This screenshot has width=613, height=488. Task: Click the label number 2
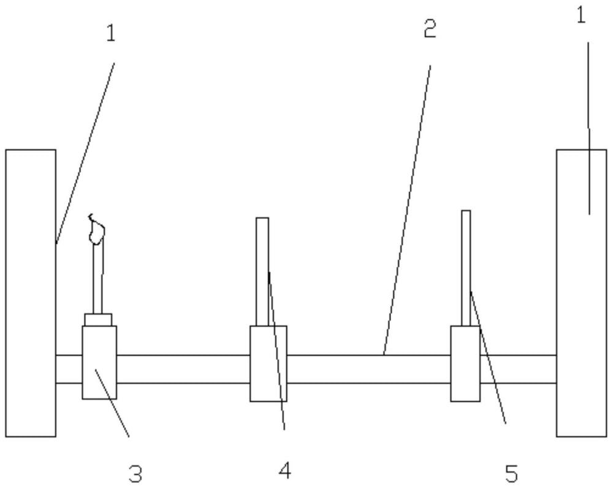(x=430, y=29)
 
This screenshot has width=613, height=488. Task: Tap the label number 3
(x=135, y=473)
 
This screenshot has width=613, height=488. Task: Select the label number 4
(x=285, y=470)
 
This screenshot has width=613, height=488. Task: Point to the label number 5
(x=511, y=473)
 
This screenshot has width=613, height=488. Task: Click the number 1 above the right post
(x=581, y=16)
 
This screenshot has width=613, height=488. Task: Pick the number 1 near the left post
(x=112, y=33)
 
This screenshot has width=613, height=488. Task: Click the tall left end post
(x=31, y=293)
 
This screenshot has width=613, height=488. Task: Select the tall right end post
(x=581, y=293)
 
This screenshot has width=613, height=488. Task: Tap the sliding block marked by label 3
(x=99, y=362)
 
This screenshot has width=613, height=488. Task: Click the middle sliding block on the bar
(x=268, y=364)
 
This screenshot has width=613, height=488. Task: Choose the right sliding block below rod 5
(x=465, y=364)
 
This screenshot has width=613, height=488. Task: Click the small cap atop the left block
(x=98, y=319)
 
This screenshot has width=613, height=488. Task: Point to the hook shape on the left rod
(x=96, y=229)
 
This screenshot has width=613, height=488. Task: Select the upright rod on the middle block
(x=262, y=272)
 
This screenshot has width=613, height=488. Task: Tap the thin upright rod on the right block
(x=466, y=269)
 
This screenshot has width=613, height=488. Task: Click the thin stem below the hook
(x=97, y=278)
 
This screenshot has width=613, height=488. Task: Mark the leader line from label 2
(x=407, y=210)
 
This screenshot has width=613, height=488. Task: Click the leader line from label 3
(x=112, y=402)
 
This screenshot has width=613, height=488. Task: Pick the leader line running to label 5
(x=489, y=357)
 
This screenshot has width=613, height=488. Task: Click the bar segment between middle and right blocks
(x=368, y=369)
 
